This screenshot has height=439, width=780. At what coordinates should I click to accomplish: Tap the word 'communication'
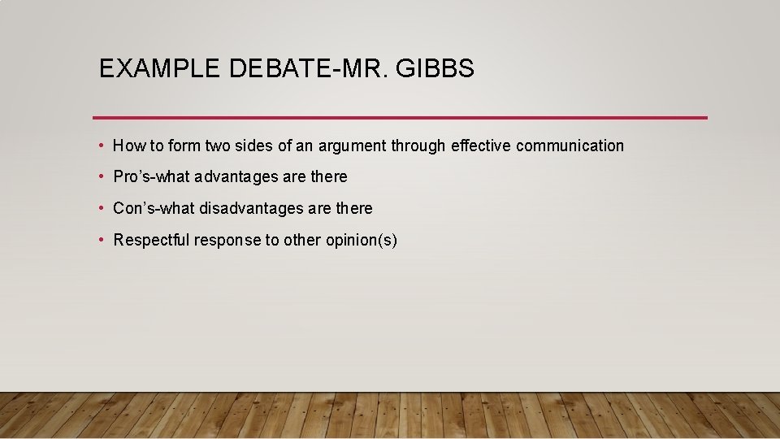(570, 146)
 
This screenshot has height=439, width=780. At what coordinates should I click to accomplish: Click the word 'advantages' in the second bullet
(235, 177)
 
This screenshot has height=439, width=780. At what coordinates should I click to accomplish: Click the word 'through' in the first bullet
(418, 146)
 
